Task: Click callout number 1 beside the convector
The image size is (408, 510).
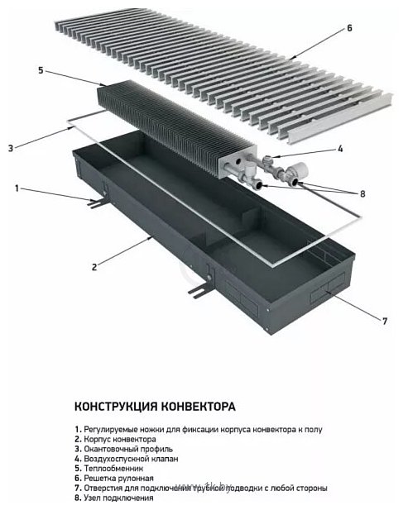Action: [x=17, y=188]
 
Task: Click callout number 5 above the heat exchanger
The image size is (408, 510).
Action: [x=41, y=71]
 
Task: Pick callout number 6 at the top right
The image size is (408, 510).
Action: [x=349, y=27]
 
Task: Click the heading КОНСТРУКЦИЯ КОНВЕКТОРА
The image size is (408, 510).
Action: [x=155, y=407]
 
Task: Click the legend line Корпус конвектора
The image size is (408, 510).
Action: [x=119, y=438]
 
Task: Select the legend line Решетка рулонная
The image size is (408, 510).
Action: [x=120, y=478]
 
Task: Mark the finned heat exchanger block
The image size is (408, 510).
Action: [x=166, y=124]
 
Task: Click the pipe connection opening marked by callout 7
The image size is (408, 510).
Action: [x=329, y=293]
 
